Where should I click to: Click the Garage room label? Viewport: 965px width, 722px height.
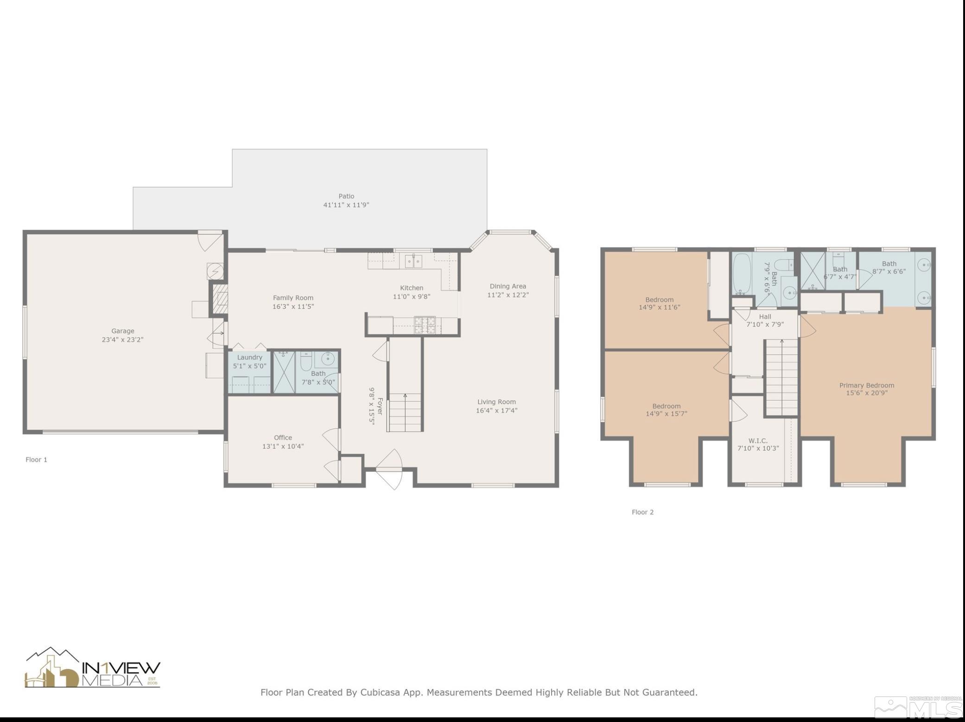[x=123, y=331]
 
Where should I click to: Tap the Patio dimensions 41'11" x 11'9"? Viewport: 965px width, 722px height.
[x=346, y=205]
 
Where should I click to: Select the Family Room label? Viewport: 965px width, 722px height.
[x=293, y=298]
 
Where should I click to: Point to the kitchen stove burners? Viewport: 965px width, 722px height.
[x=425, y=325]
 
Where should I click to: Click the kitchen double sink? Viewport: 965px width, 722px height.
[x=413, y=261]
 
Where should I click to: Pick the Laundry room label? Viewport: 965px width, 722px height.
[x=249, y=357]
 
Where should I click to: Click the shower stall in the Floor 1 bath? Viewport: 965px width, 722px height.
[x=284, y=373]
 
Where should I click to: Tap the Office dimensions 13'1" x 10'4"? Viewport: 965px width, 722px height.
[x=283, y=446]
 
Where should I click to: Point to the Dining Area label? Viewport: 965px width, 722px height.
[x=508, y=286]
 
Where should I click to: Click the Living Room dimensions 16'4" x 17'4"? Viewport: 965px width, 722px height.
[x=496, y=411]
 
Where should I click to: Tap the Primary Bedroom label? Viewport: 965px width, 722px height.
[x=866, y=385]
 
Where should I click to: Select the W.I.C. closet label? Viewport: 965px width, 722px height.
[x=758, y=441]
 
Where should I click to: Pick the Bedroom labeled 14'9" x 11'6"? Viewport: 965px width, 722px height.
[x=659, y=303]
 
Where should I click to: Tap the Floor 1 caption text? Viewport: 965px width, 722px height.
[x=36, y=460]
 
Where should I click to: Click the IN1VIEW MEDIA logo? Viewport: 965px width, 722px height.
[x=93, y=669]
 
